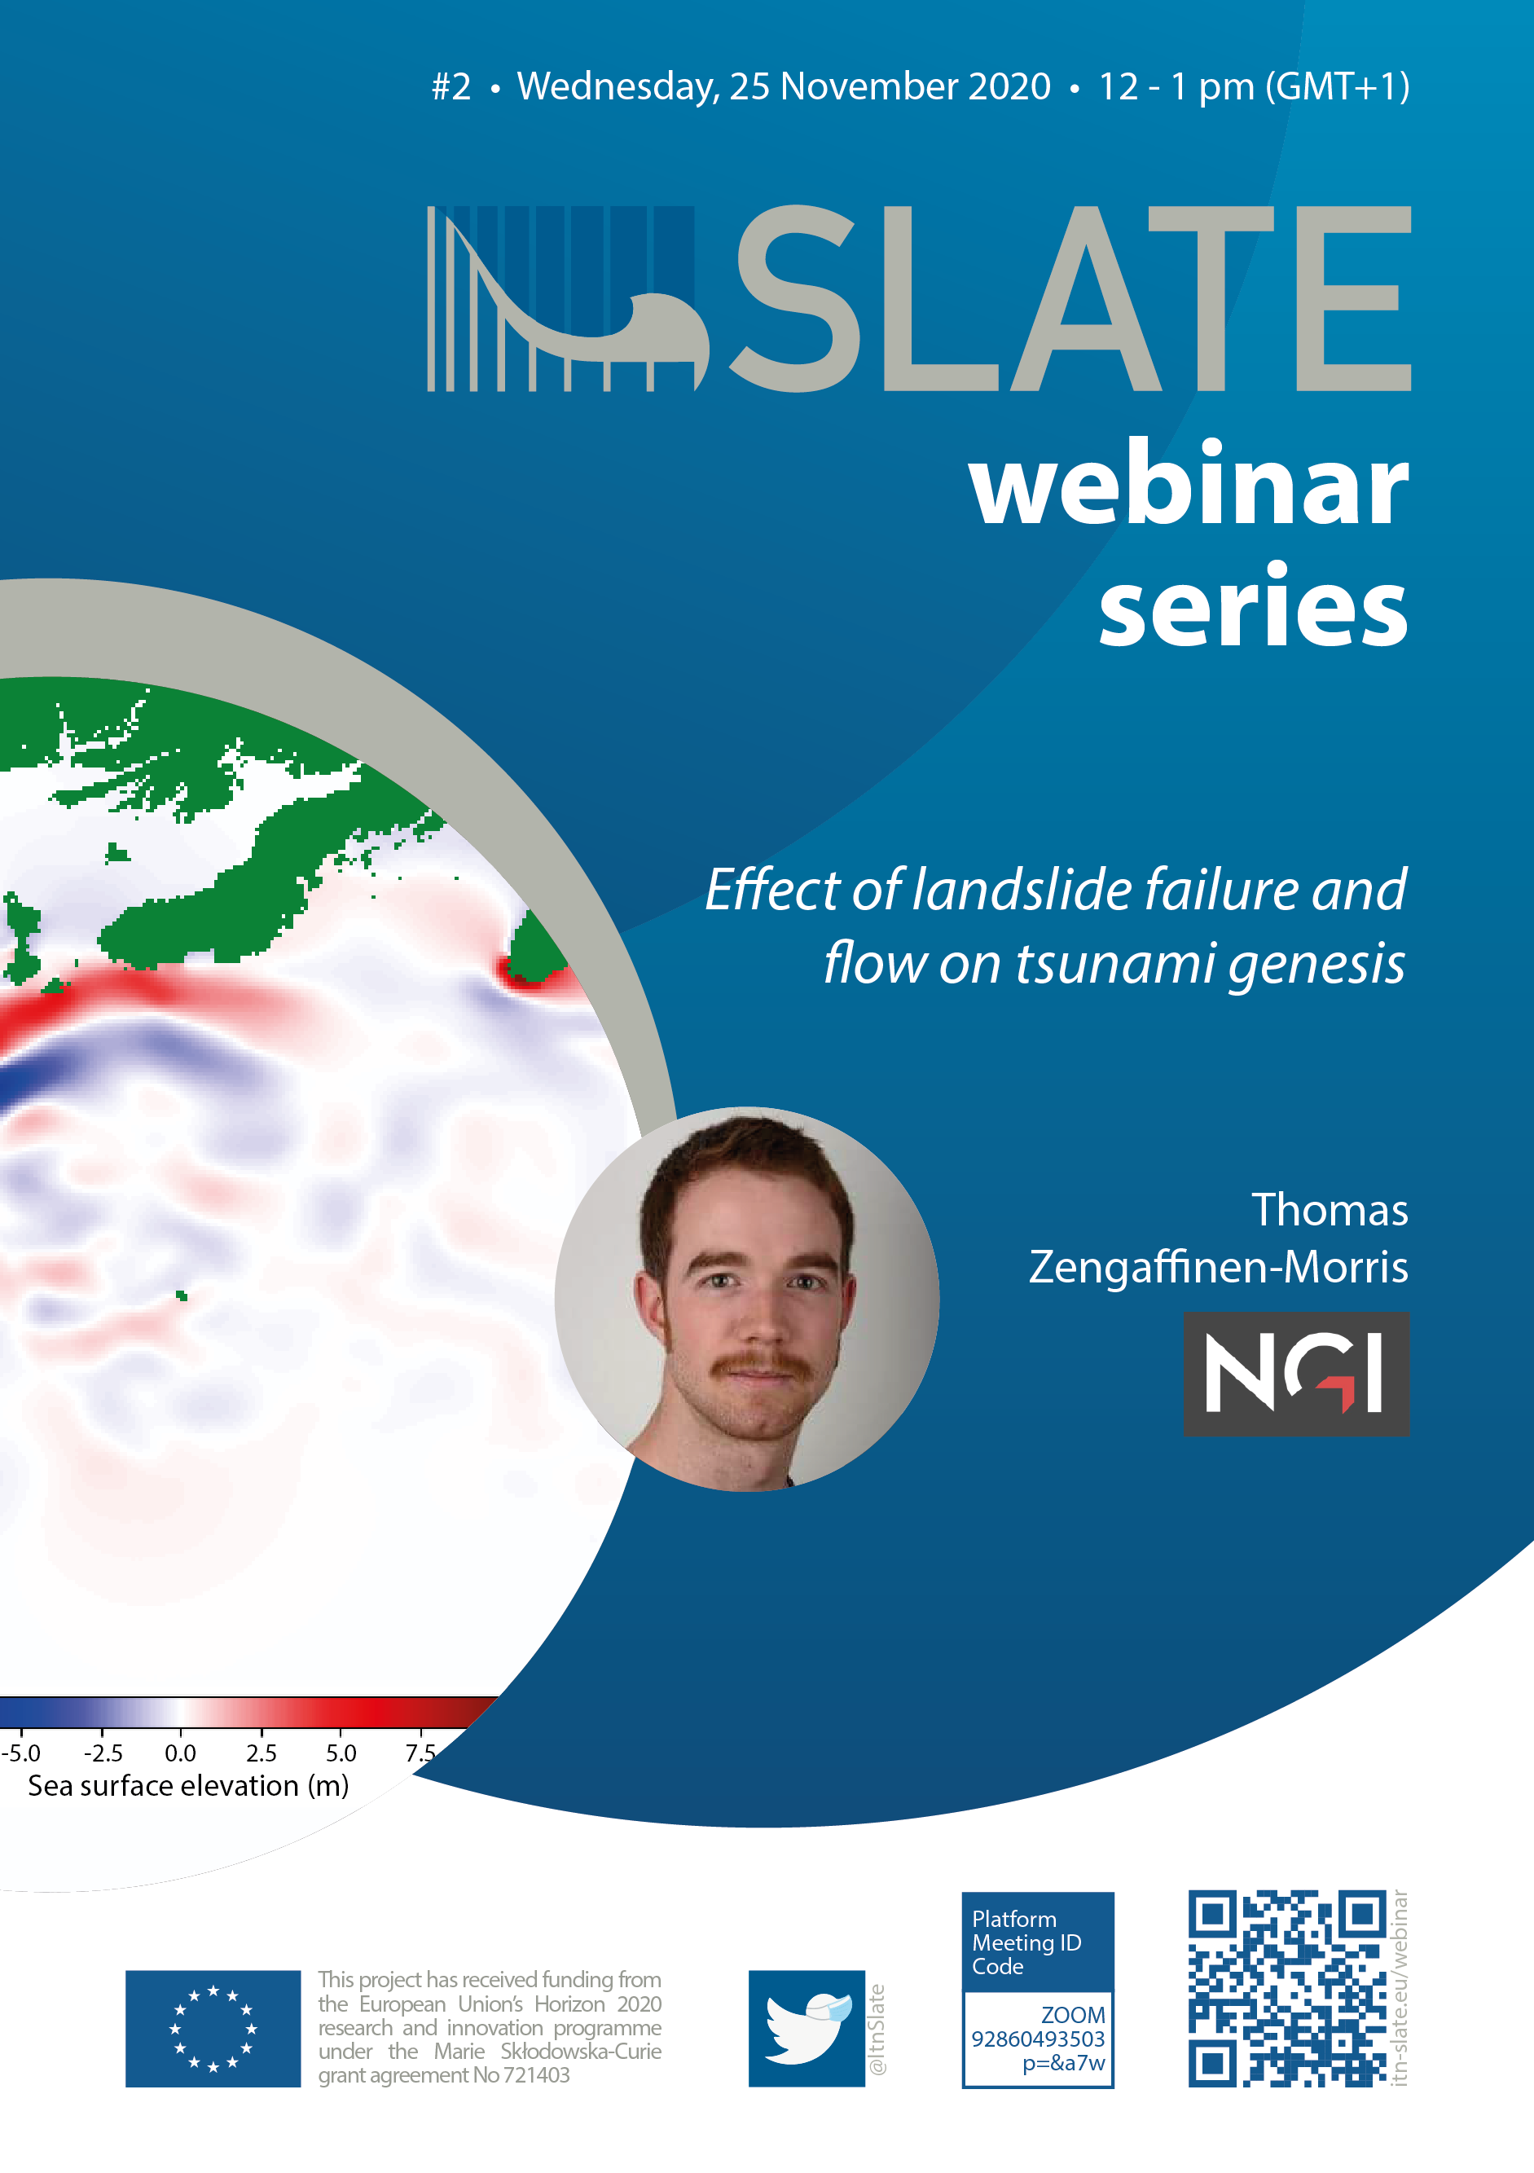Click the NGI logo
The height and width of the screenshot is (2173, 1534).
(x=1296, y=1373)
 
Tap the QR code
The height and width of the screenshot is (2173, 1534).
(x=1287, y=1987)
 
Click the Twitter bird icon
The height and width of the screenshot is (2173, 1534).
(x=807, y=2028)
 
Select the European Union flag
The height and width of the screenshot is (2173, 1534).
(x=213, y=2028)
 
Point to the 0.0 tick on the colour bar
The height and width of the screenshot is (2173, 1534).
(x=181, y=1731)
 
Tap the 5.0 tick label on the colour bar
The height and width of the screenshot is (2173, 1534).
(x=341, y=1753)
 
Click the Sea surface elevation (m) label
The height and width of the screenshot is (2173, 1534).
(x=188, y=1786)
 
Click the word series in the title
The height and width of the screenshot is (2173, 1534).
(x=1254, y=605)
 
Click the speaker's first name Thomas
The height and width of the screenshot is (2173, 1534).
(x=1330, y=1210)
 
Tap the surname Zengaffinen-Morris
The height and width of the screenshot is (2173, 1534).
(x=1219, y=1267)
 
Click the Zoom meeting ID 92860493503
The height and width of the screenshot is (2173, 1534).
(x=1038, y=2039)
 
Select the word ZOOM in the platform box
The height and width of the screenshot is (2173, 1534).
(x=1073, y=2015)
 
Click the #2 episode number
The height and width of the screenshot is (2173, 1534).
(x=451, y=86)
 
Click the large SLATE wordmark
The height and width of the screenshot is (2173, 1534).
(x=1070, y=298)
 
